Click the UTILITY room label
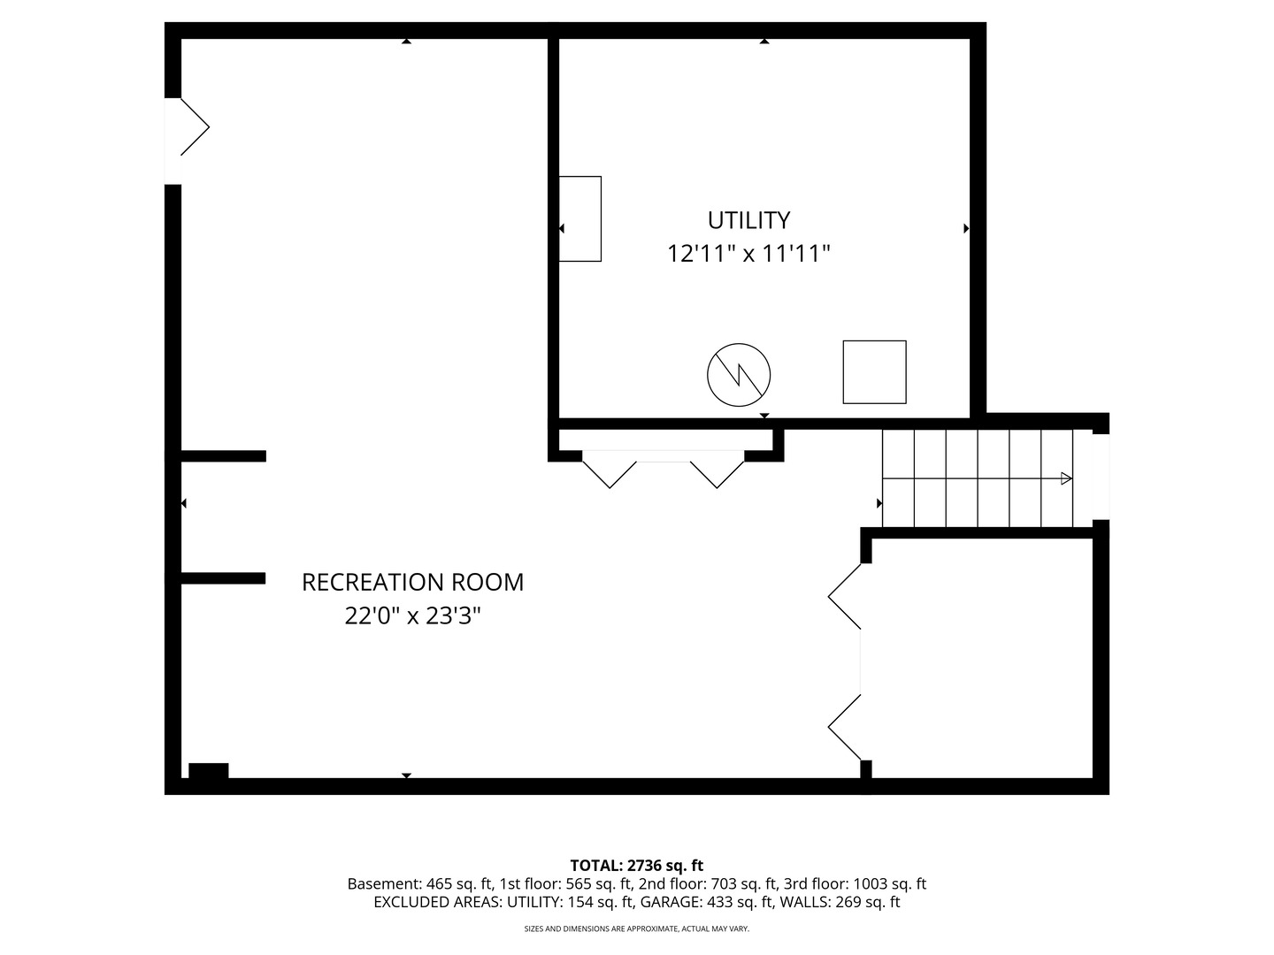[748, 220]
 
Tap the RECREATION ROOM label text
[412, 583]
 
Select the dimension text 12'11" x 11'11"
[748, 255]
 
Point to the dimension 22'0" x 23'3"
[412, 616]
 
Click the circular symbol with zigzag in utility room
[739, 375]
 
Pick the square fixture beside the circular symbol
[874, 372]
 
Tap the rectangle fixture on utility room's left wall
[580, 218]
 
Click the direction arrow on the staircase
[1066, 478]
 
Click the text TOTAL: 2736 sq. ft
[636, 866]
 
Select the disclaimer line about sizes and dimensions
[636, 929]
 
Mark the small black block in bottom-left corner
[208, 770]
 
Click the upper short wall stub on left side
[223, 456]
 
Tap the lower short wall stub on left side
[223, 578]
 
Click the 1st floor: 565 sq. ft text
[565, 884]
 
